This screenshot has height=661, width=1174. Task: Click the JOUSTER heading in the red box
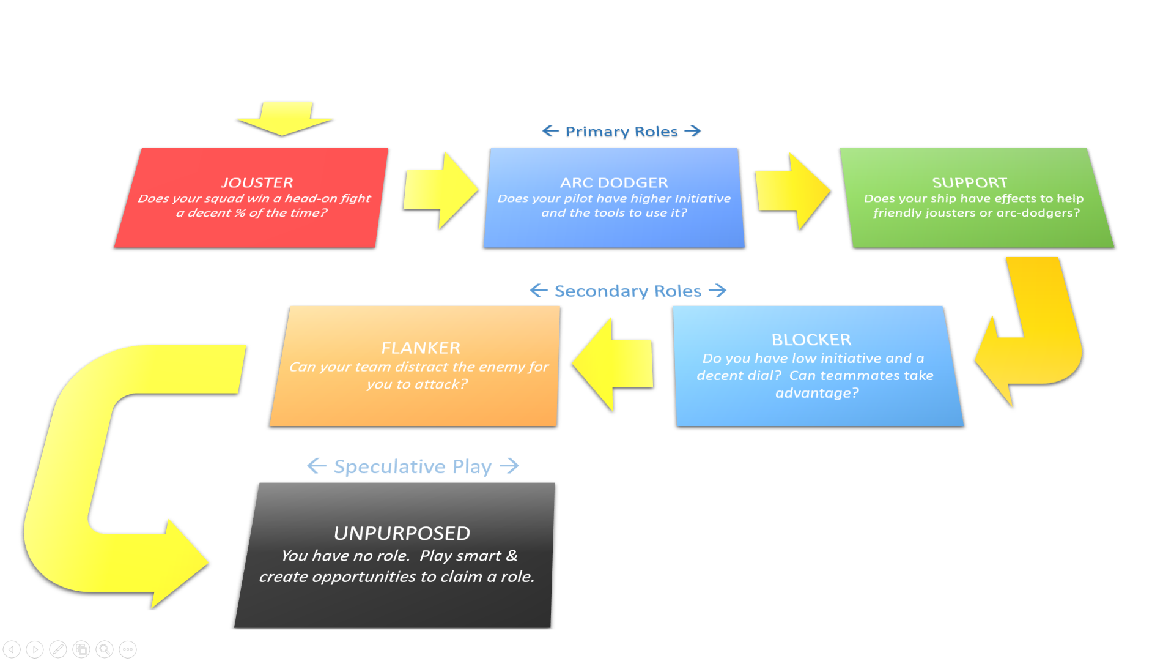click(257, 182)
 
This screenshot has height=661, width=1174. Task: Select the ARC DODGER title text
click(614, 182)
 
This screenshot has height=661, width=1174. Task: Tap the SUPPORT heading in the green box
click(969, 182)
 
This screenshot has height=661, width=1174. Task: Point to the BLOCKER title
click(811, 340)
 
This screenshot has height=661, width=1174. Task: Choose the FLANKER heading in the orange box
click(421, 348)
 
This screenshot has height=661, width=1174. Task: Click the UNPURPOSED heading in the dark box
click(402, 533)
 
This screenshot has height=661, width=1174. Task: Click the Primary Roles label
click(621, 132)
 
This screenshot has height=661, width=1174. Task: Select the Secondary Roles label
click(627, 291)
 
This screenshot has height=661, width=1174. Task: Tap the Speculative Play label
click(412, 466)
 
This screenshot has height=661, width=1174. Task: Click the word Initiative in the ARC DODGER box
click(703, 198)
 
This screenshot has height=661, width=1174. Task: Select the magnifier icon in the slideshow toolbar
click(105, 649)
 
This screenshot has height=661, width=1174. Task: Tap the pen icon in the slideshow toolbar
click(58, 649)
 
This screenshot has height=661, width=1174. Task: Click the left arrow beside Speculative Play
click(317, 466)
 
